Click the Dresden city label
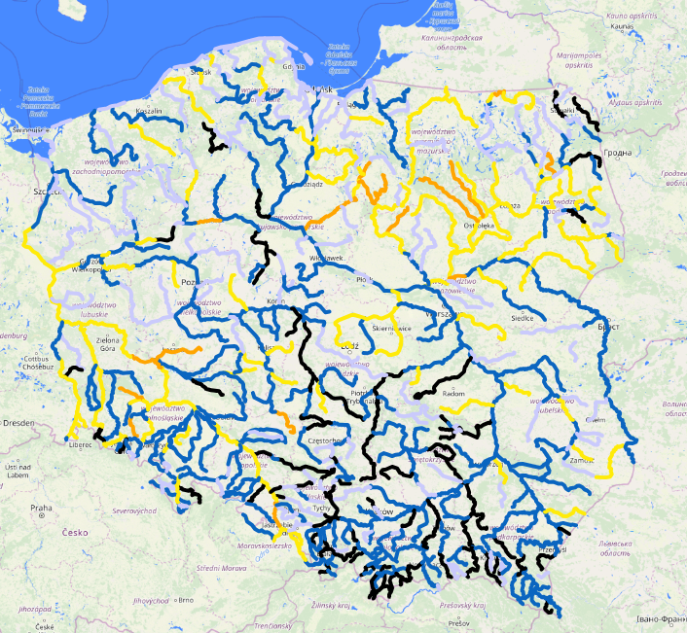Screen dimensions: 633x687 (x=18, y=424)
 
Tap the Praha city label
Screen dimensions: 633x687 (x=40, y=508)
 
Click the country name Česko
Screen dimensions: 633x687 (x=74, y=533)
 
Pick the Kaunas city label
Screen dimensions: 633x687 (x=623, y=26)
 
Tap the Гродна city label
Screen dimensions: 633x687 (x=618, y=153)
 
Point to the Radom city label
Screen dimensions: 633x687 (x=454, y=394)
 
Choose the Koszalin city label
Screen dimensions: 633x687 (x=149, y=112)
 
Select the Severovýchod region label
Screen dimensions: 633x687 (x=133, y=510)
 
